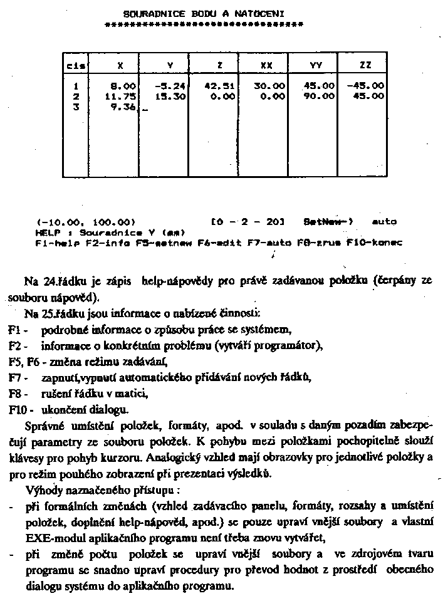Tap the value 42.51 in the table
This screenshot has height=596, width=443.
pos(219,86)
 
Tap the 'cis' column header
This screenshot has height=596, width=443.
pos(76,65)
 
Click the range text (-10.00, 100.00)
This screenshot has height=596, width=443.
pos(86,221)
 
